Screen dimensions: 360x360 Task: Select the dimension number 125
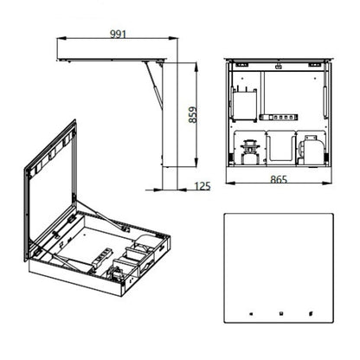pos(202,186)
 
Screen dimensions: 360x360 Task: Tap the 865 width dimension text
pos(278,179)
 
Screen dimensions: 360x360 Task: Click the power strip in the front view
pos(283,113)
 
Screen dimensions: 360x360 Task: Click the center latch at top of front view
pos(277,66)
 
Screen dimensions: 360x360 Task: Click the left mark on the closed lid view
pos(249,314)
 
